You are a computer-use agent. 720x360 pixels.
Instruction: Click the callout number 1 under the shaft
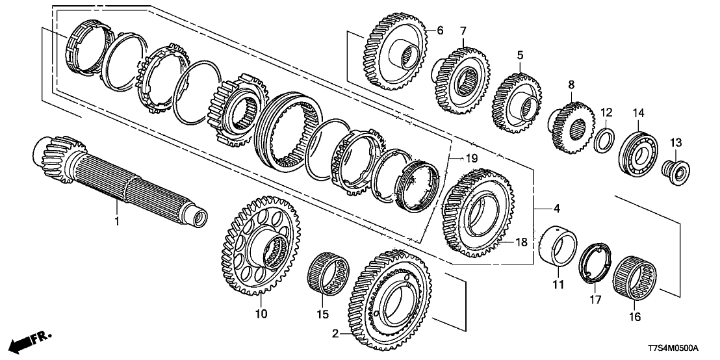118,222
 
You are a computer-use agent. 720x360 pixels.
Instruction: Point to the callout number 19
471,159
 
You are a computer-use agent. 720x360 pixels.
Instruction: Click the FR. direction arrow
33,338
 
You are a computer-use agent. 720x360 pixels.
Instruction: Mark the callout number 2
335,334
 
